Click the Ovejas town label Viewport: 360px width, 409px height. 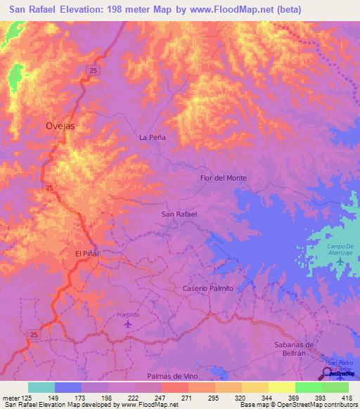coord(60,126)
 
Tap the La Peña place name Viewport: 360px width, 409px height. coord(153,138)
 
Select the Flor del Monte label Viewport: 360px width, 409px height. coord(223,178)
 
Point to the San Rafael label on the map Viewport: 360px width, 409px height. coord(179,214)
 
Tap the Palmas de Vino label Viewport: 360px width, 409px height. coord(171,377)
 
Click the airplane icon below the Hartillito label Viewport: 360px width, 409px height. coord(127,324)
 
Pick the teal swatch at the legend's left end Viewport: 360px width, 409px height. coord(41,387)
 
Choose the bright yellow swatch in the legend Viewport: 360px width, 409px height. coord(281,387)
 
